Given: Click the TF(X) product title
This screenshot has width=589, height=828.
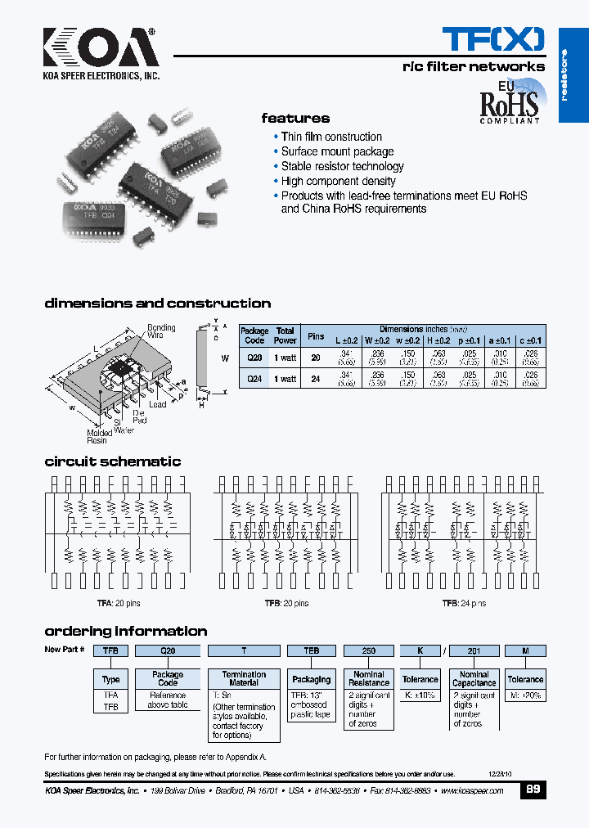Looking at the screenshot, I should click(492, 38).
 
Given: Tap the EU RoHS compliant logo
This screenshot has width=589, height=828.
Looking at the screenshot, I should click(509, 101).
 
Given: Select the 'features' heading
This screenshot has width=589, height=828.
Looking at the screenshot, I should click(295, 119).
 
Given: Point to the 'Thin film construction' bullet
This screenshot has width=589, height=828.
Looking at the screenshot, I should click(331, 137).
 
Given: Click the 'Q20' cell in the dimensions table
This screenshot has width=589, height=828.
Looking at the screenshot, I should click(254, 358).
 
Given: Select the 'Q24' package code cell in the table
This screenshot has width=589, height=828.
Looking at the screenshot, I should click(254, 379).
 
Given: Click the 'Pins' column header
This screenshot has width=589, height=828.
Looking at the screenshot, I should click(315, 335).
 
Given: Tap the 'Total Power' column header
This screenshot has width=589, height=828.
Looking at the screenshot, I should click(286, 335).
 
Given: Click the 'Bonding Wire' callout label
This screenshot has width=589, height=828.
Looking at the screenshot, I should click(161, 331).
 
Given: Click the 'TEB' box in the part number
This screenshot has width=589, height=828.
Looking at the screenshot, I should click(311, 650).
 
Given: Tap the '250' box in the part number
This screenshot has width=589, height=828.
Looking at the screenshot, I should click(368, 650).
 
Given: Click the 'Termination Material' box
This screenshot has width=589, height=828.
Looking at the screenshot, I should click(244, 679).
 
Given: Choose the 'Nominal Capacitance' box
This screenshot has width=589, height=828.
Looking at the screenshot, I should click(474, 679).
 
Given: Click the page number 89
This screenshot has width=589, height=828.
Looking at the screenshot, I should click(533, 790).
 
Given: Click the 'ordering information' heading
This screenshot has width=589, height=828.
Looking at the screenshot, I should click(125, 631).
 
